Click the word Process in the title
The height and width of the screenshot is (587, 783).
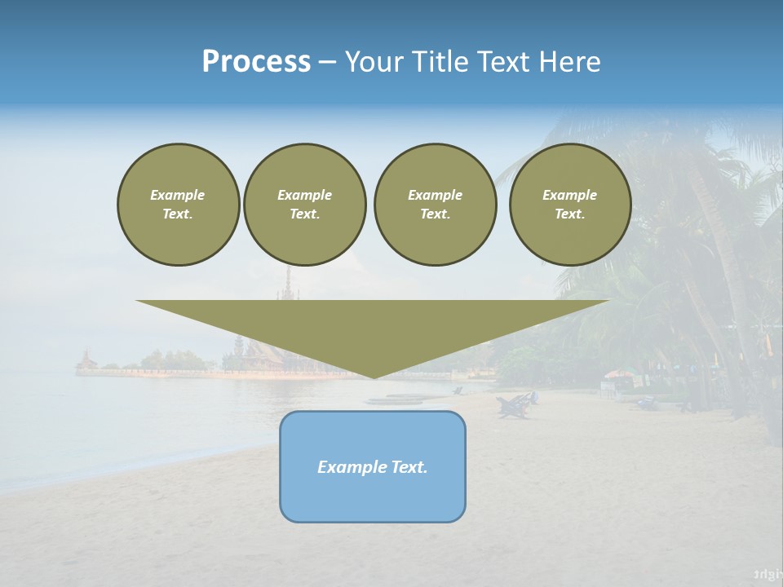[256, 62]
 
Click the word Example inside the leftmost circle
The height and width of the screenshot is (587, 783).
[178, 195]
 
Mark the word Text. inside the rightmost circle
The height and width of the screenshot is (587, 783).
[570, 214]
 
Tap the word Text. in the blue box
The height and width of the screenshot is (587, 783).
[410, 467]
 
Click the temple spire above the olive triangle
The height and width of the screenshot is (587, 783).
[286, 281]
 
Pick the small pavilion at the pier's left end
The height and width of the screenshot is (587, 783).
[86, 360]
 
